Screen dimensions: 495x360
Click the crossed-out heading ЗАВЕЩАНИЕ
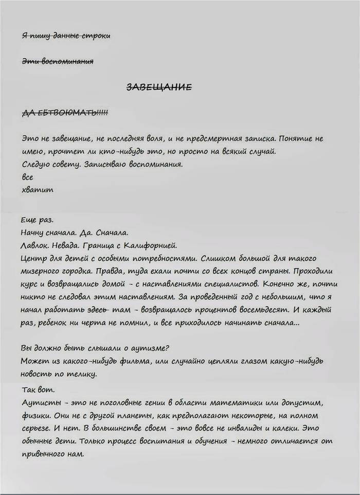159,87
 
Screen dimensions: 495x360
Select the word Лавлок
35,244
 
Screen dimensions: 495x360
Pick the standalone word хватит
38,189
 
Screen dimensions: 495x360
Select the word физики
36,414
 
